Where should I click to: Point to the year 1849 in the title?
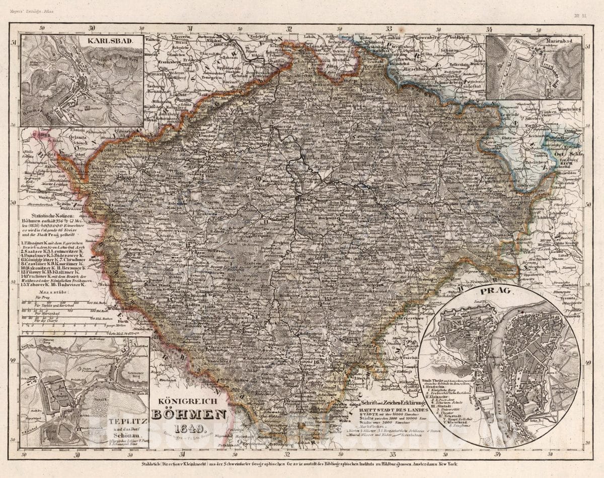(x=190, y=429)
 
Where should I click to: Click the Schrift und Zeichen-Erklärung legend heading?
(x=393, y=403)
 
